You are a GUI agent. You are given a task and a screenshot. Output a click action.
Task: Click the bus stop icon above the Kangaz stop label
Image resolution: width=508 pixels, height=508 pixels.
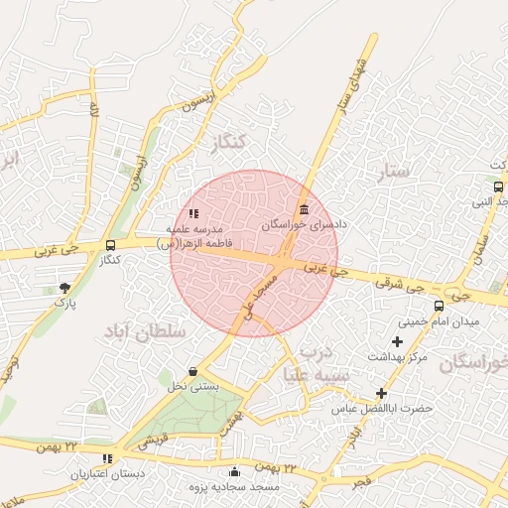110,244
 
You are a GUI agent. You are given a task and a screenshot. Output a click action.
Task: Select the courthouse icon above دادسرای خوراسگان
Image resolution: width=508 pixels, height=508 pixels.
303,210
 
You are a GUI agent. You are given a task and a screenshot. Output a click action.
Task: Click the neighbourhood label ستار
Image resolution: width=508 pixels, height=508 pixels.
394,173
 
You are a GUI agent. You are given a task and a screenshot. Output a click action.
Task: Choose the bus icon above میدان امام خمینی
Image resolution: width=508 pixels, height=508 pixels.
440,306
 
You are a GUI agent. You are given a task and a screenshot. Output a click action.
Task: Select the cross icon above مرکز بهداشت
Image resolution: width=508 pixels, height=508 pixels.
397,340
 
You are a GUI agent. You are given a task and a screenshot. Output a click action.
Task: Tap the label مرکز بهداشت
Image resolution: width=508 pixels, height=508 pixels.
397,355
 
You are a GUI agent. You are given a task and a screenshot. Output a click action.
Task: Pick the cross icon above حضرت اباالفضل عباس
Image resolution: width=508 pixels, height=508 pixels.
381,393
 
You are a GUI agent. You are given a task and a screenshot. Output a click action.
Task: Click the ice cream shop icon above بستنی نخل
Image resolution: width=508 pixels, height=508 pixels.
191,371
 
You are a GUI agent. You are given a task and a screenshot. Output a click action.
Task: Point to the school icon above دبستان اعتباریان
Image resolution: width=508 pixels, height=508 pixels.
106,458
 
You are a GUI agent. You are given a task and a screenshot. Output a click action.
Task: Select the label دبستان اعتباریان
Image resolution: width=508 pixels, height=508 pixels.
106,474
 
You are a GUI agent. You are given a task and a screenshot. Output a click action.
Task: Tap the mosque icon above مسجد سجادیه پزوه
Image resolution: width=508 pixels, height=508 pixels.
234,472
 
